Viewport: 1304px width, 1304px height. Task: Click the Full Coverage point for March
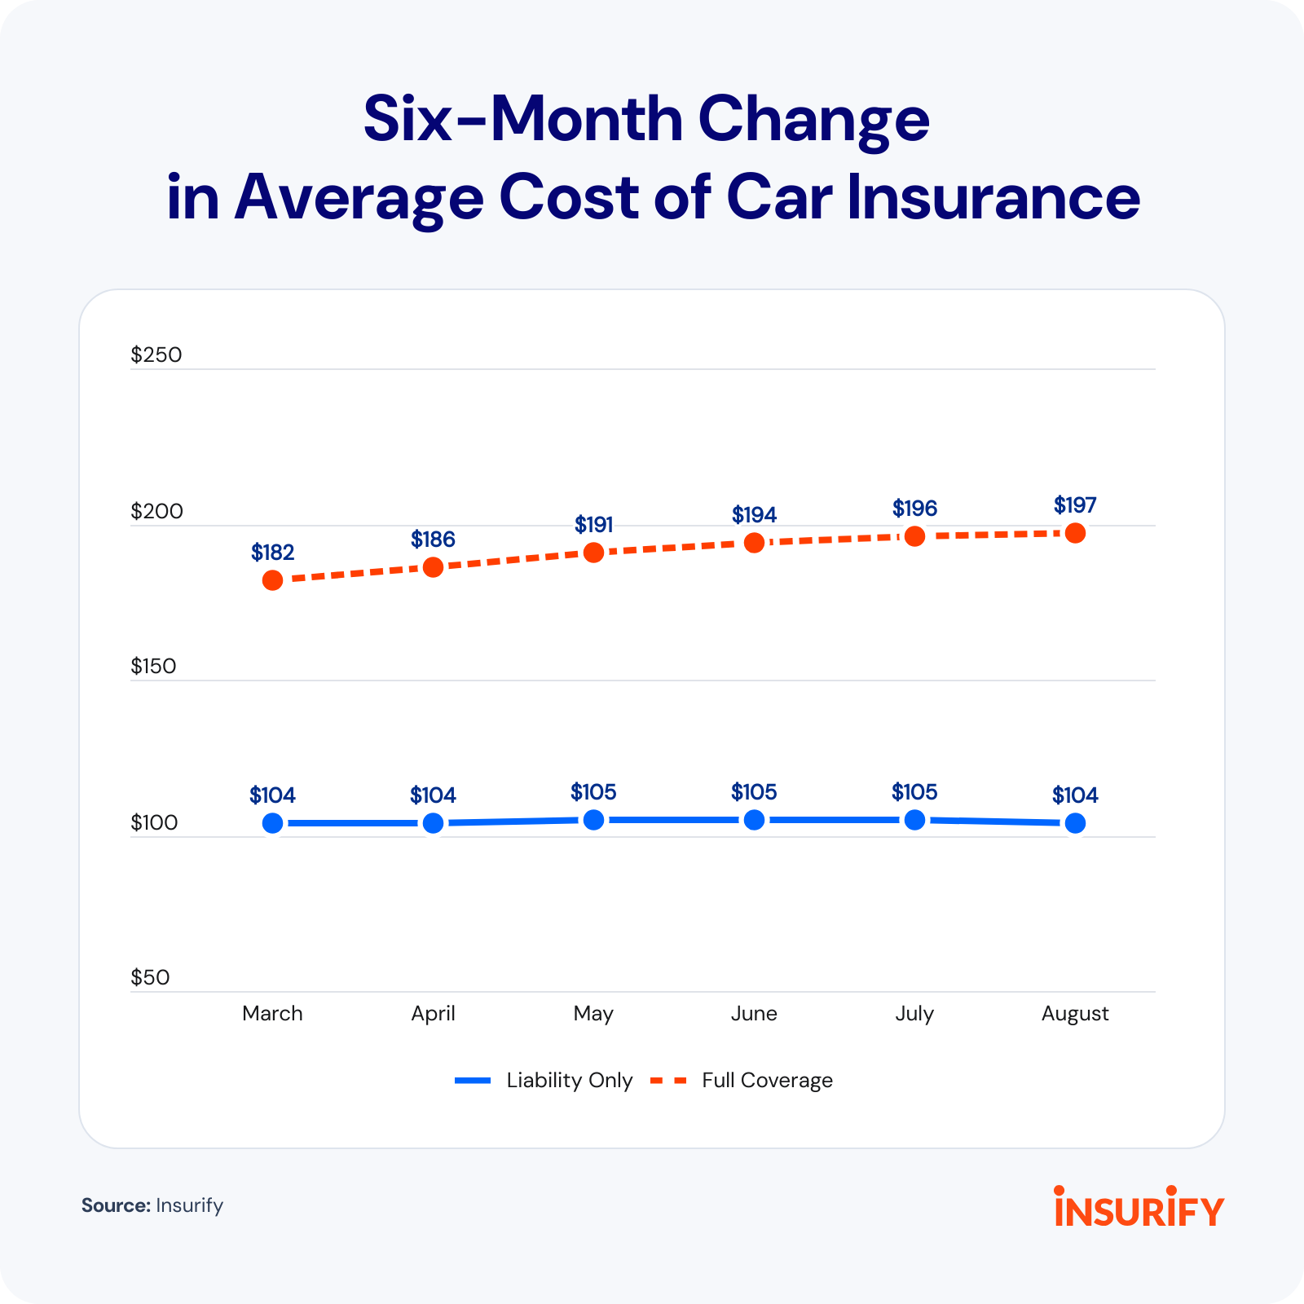[x=272, y=580]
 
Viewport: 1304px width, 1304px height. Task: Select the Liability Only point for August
[x=1075, y=823]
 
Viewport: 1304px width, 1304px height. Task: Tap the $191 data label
[x=593, y=524]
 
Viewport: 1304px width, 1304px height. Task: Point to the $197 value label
[x=1075, y=505]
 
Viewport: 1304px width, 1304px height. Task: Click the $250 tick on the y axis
[x=156, y=355]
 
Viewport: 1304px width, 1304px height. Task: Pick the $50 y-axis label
[x=150, y=977]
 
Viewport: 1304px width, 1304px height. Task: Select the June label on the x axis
[x=754, y=1013]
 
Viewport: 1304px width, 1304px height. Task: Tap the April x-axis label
[x=433, y=1013]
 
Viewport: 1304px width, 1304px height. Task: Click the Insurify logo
[x=1139, y=1208]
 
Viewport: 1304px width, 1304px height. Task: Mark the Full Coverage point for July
[x=914, y=536]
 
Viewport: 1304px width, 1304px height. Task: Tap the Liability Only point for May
[x=593, y=820]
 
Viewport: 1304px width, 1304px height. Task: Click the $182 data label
[x=272, y=553]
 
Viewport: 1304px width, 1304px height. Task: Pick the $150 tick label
[x=153, y=666]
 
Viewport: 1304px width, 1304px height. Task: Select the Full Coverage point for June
[x=754, y=543]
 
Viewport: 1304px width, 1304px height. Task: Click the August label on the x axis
[x=1075, y=1013]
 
